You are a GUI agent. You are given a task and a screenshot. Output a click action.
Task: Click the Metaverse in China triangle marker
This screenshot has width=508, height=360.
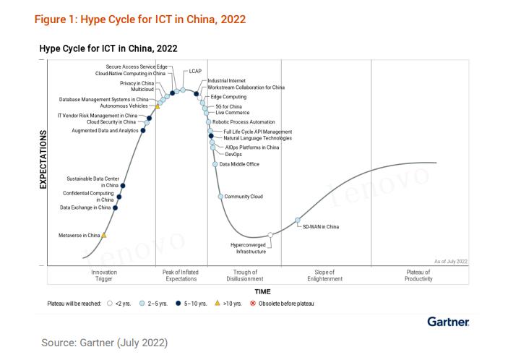point(104,235)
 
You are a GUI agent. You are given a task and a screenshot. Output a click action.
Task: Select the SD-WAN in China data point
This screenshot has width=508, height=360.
point(298,220)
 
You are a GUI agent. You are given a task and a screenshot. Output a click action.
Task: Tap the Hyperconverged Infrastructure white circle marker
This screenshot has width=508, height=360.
point(270,235)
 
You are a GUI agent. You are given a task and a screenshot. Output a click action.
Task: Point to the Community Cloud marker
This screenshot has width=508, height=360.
point(220,196)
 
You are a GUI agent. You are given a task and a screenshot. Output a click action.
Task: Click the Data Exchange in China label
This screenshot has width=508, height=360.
point(85,207)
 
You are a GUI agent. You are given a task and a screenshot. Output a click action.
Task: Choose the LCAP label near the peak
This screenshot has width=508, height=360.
point(195,72)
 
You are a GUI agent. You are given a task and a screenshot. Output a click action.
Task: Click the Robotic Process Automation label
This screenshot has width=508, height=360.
point(244,122)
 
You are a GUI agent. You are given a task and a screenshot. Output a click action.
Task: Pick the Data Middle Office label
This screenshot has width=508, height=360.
point(239,164)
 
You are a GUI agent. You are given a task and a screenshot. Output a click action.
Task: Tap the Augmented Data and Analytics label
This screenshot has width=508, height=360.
point(105,131)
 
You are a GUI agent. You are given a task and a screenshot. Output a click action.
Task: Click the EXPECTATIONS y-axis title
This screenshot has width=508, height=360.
point(43,160)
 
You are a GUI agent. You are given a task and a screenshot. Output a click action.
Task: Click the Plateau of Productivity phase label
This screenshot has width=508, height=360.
point(418,275)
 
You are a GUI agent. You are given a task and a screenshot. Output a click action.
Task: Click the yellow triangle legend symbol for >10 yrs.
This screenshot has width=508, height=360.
point(217,304)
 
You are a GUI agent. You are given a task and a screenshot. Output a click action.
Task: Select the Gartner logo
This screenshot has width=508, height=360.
point(448,321)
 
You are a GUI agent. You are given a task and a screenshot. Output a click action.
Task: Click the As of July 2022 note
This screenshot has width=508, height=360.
point(450,261)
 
